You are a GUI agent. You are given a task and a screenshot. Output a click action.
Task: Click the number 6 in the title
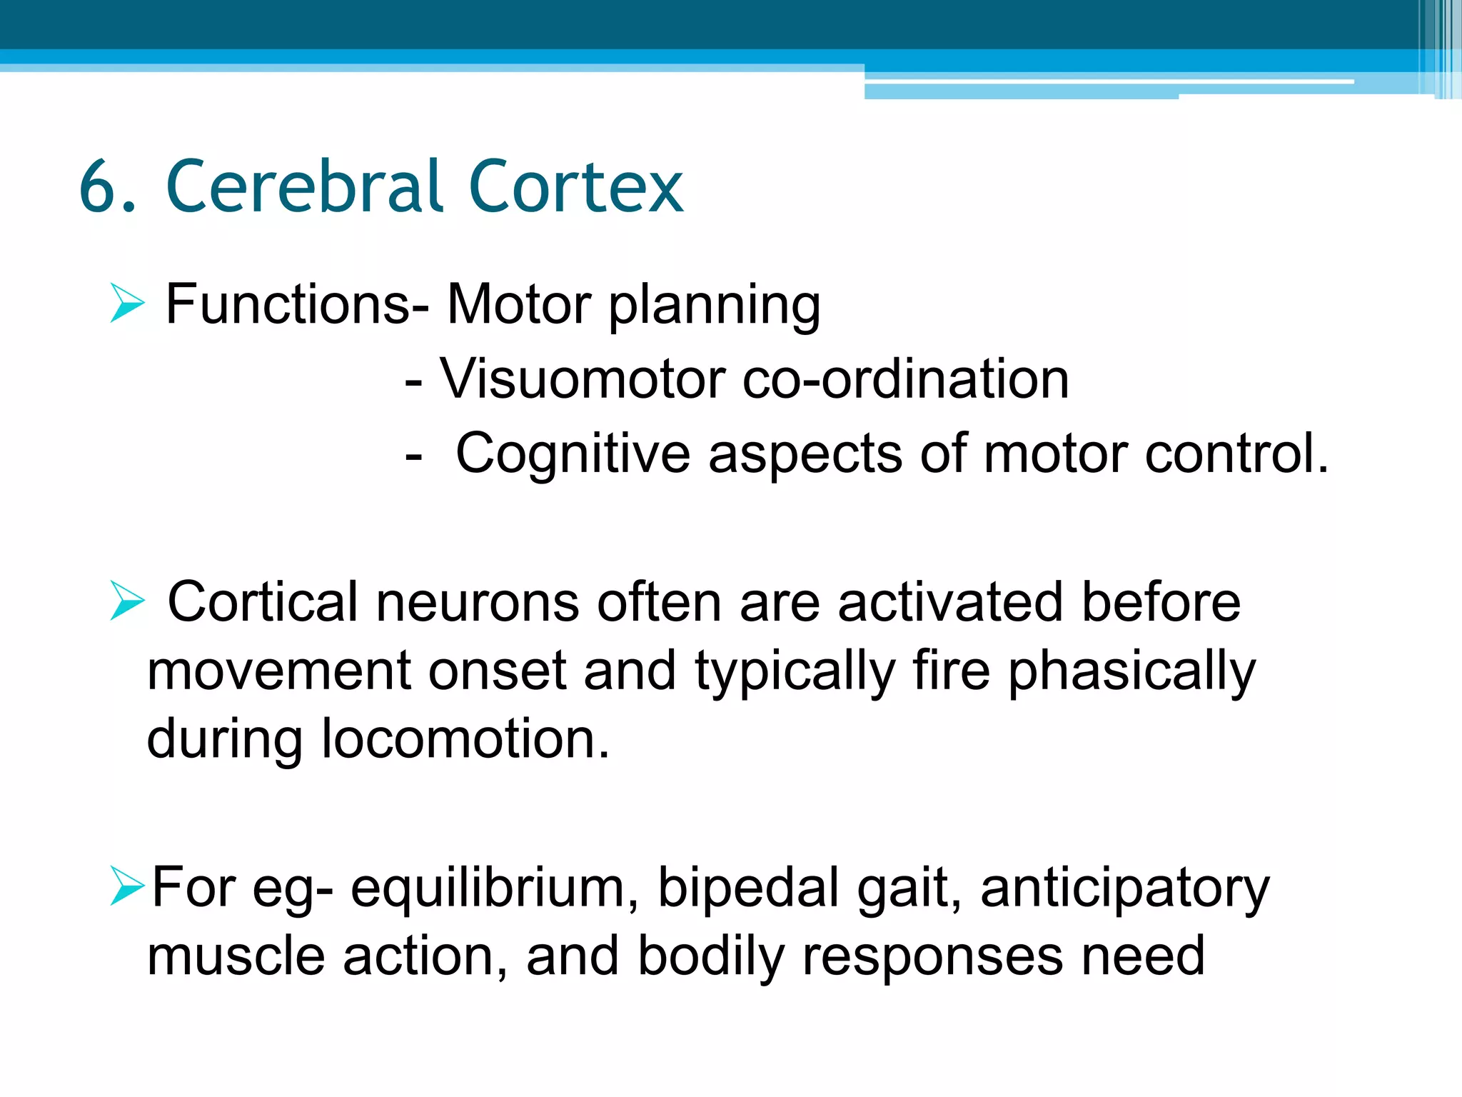98,187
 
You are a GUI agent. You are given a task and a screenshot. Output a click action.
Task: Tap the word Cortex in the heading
576,187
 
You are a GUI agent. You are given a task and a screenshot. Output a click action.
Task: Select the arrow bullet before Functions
128,304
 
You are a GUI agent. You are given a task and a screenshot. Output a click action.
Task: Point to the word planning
714,307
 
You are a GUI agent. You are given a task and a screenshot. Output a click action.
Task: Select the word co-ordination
905,379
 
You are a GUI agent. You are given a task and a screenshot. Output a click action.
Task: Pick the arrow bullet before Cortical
128,601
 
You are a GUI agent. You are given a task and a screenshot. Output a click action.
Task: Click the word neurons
477,603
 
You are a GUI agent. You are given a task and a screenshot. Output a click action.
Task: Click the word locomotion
464,739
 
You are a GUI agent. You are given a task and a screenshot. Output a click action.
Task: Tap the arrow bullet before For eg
128,886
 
